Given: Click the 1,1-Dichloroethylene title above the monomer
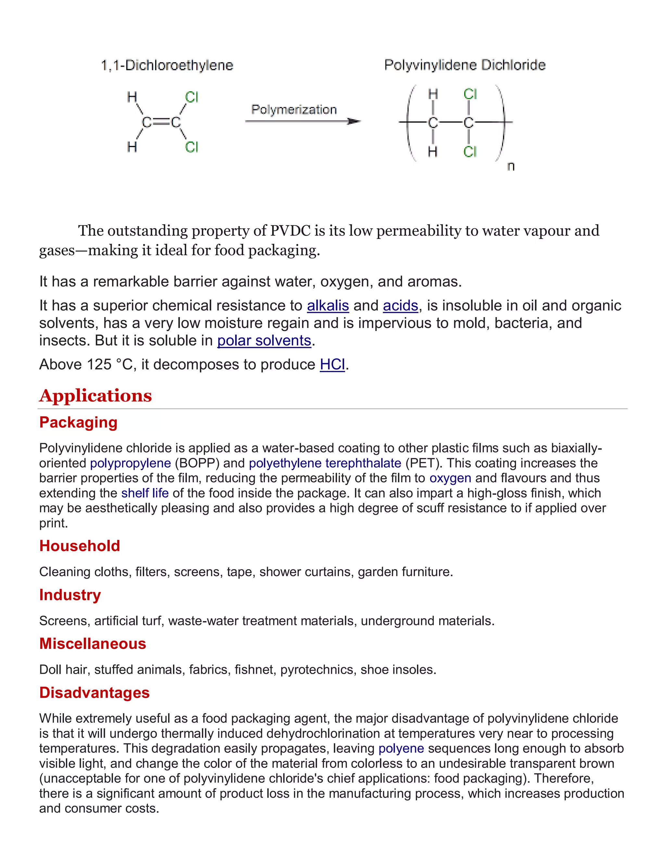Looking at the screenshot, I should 167,65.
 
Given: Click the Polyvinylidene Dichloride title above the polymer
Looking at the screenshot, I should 465,65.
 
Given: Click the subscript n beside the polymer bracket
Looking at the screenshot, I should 511,166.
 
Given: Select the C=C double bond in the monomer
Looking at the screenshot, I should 161,122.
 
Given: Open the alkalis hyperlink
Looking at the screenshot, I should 328,306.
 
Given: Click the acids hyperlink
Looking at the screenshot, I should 400,306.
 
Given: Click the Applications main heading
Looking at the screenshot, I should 95,395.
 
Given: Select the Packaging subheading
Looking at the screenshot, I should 78,423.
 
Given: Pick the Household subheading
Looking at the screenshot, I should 80,546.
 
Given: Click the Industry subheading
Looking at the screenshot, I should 70,595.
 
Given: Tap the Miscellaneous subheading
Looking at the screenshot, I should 93,644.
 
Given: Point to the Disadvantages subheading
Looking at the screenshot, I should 94,693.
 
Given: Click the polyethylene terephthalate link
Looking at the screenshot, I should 325,463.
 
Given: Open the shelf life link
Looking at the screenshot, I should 144,493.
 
